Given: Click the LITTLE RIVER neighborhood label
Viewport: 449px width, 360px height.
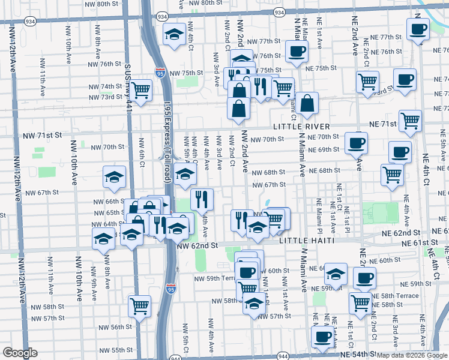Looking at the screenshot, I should point(301,127).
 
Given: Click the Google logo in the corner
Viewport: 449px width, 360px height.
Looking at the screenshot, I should point(20,353).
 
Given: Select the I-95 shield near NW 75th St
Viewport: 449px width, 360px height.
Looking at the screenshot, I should point(160,73).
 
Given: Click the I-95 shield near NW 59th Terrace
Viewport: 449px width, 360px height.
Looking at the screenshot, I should point(171,289).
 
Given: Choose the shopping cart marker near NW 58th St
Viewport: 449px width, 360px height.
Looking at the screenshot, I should point(139,306).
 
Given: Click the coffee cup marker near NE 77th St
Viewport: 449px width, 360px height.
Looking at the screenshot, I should point(418,29).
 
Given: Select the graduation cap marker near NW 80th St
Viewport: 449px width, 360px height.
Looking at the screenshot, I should point(174,34).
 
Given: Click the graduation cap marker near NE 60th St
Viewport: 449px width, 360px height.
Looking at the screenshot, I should point(336,274).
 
